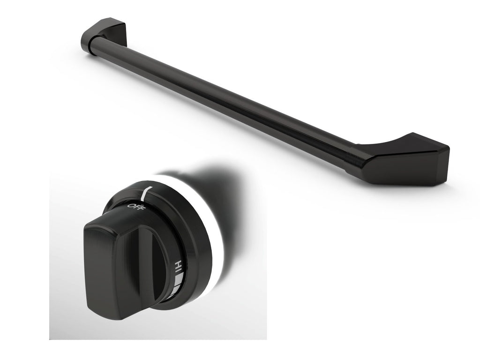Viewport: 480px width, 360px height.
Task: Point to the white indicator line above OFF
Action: pos(147,192)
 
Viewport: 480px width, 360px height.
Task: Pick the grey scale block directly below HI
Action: pos(179,280)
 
